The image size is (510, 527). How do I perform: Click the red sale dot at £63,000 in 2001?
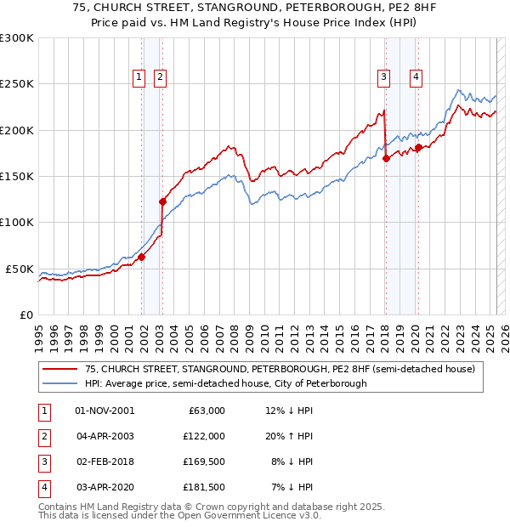141,257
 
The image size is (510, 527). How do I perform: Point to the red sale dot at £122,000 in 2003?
162,202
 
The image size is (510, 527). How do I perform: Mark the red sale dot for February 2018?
386,158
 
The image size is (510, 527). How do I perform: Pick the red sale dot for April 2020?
418,147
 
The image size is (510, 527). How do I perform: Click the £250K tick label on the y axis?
17,84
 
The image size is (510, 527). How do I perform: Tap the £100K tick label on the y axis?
17,223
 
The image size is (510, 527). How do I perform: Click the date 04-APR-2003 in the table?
105,436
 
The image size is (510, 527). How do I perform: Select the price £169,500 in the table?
204,462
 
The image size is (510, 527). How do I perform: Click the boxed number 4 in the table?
43,487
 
